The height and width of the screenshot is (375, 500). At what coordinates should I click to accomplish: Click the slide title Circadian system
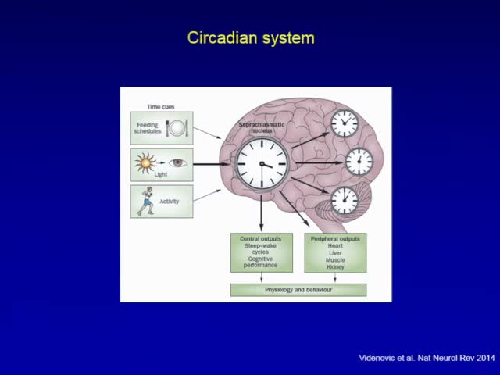click(x=250, y=37)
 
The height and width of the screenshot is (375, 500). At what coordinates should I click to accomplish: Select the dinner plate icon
click(x=177, y=128)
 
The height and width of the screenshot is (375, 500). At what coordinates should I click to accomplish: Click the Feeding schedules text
click(x=148, y=128)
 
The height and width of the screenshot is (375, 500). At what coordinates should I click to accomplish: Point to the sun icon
click(x=145, y=164)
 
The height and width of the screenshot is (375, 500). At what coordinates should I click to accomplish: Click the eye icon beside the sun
click(x=178, y=164)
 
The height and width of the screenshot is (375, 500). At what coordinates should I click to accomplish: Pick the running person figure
click(x=146, y=201)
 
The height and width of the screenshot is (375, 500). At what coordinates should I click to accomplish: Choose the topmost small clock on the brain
click(x=344, y=123)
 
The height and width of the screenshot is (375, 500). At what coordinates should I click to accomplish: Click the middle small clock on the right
click(x=359, y=162)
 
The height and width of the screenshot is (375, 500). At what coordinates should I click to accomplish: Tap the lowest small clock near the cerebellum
click(x=344, y=201)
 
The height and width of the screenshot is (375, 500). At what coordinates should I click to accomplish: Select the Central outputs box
click(x=262, y=252)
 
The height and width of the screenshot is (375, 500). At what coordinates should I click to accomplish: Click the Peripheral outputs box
click(x=335, y=252)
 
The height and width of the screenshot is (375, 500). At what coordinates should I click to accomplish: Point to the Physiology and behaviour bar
click(x=298, y=290)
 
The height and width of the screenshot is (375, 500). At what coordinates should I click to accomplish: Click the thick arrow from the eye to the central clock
click(x=212, y=164)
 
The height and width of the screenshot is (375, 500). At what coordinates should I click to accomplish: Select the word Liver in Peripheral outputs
click(x=335, y=252)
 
